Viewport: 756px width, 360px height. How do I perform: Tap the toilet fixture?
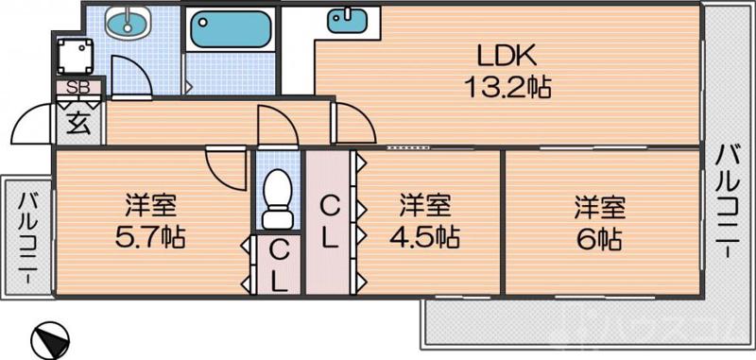tap(277, 198)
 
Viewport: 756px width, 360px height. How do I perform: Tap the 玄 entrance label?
tap(78, 121)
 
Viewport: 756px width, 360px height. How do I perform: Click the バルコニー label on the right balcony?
tap(728, 203)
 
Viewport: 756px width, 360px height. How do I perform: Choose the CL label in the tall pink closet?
tap(328, 220)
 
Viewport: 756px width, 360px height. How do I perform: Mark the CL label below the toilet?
tap(277, 264)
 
